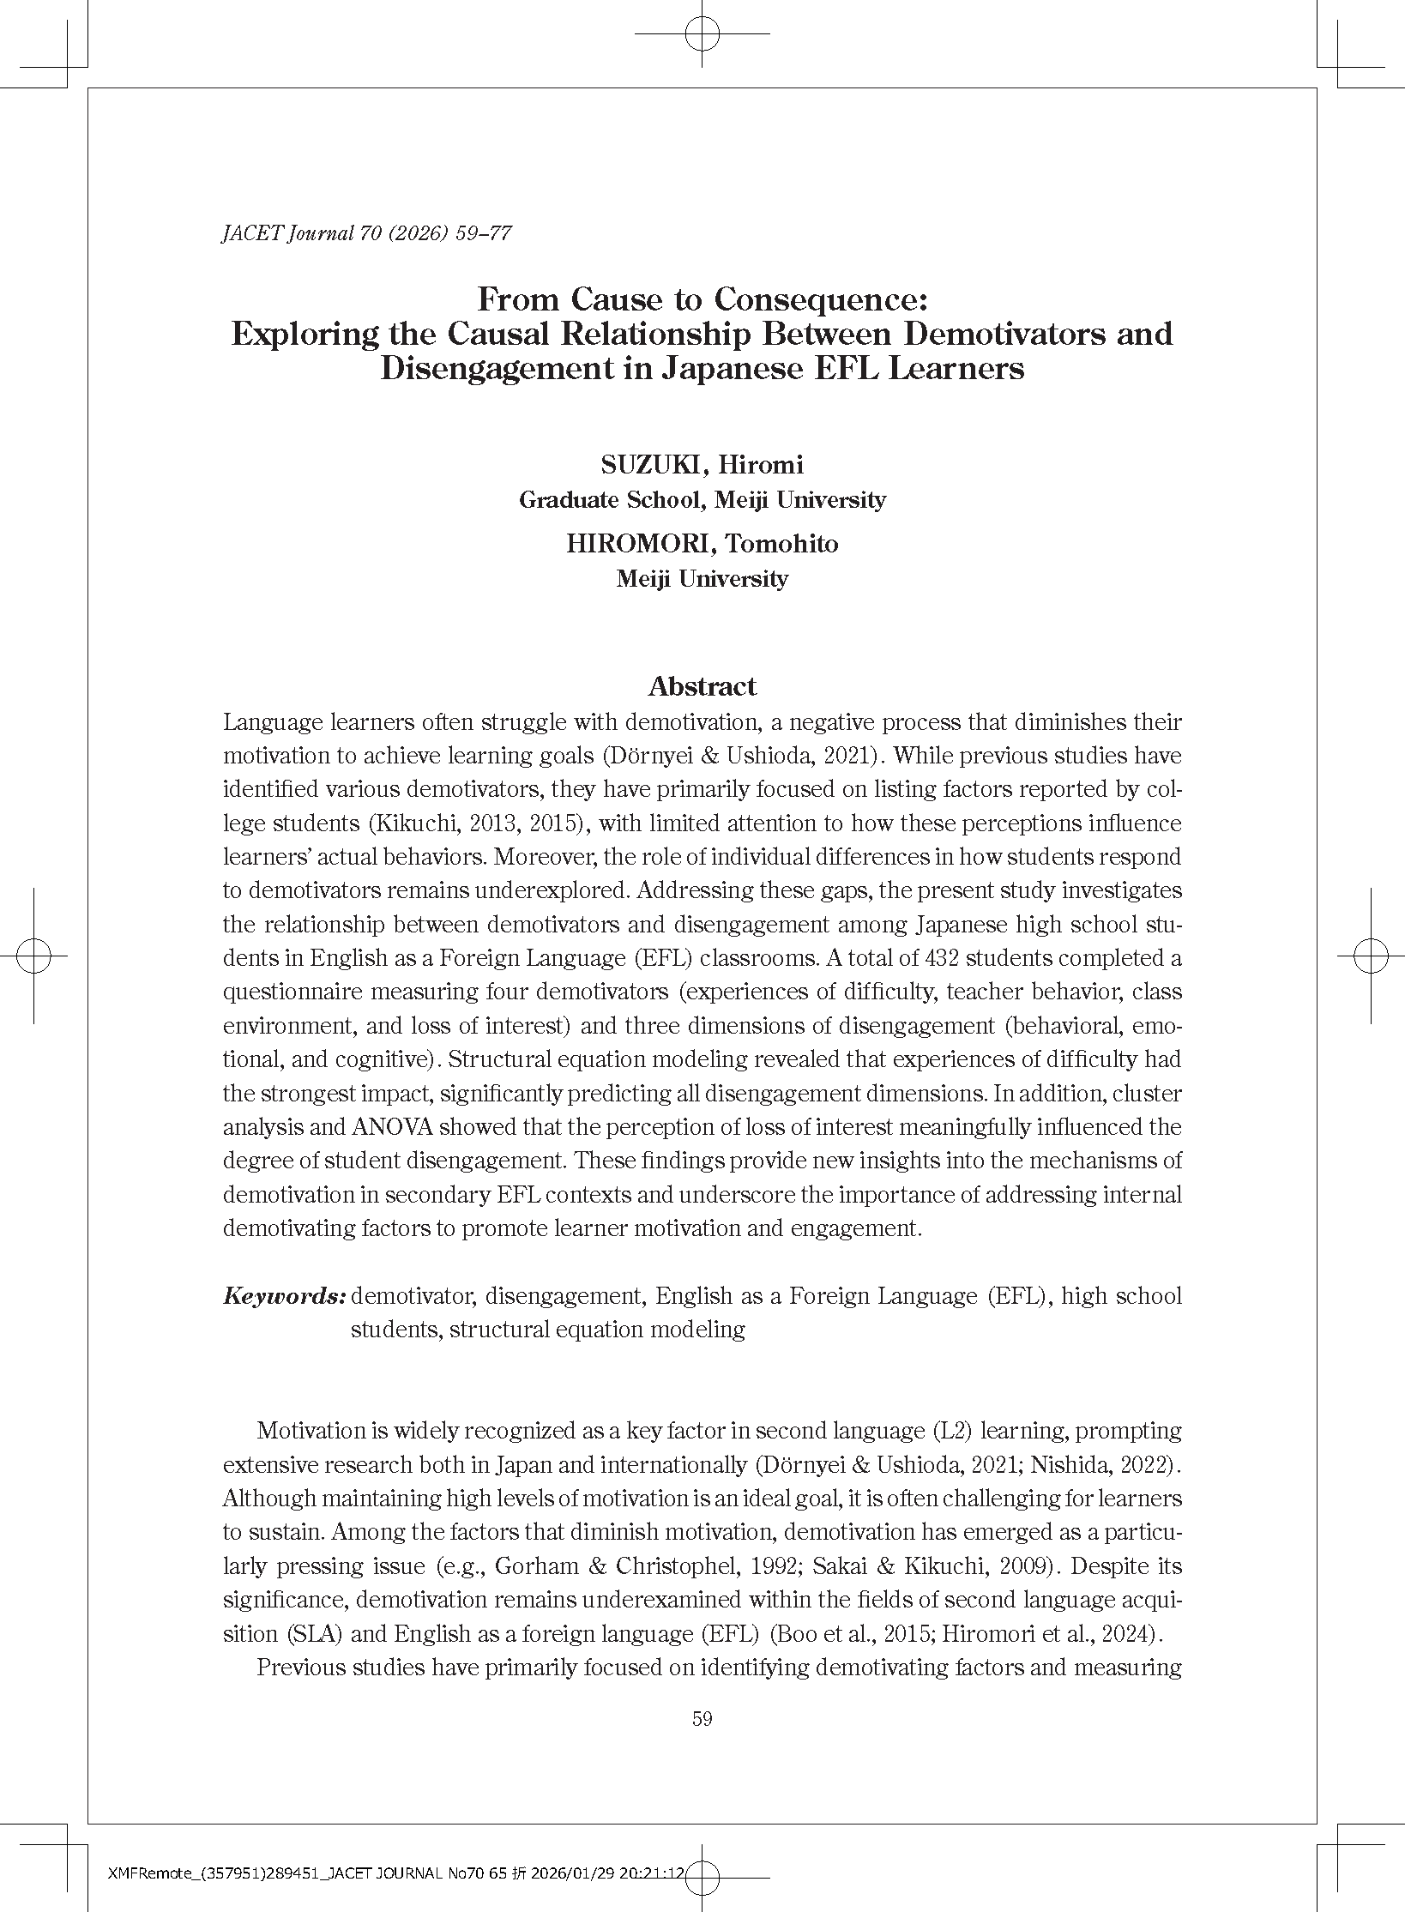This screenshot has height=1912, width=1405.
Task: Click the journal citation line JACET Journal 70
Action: pos(366,233)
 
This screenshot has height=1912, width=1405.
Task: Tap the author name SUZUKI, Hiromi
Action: pos(702,465)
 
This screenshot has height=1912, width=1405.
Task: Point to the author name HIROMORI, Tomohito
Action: pos(702,544)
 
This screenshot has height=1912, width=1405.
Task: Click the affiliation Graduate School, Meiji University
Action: pos(702,500)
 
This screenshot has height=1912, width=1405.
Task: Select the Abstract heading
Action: pos(702,686)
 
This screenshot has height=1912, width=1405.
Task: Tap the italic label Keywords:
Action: pos(284,1295)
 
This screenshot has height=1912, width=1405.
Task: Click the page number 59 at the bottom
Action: pos(702,1718)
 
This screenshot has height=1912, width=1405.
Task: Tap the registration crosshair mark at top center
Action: pos(702,33)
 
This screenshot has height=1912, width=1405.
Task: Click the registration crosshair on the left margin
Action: pos(33,956)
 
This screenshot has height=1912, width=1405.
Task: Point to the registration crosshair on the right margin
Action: pos(1371,956)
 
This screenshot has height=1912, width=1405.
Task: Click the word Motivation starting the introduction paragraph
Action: pos(311,1431)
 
